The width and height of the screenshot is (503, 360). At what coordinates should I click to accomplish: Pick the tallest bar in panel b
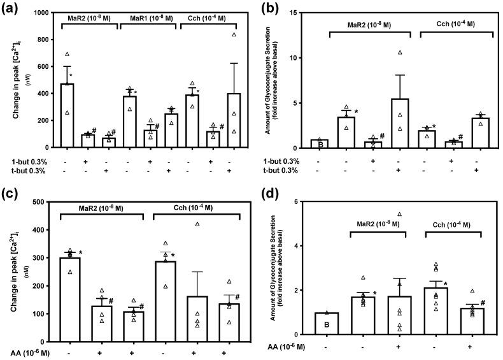[x=399, y=124]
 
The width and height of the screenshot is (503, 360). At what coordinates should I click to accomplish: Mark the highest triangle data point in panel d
[x=399, y=214]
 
